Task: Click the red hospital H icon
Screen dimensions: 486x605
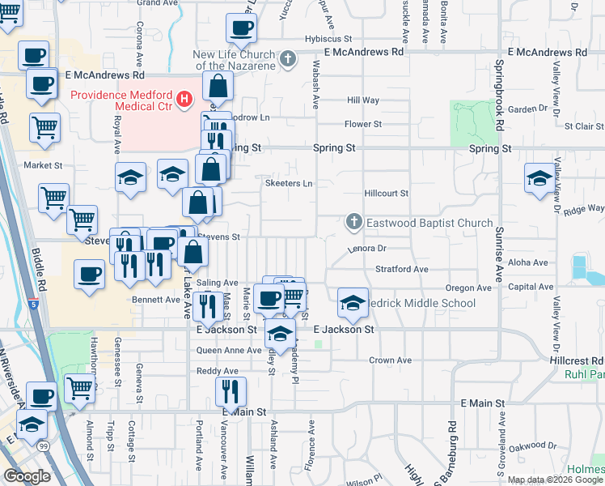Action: pyautogui.click(x=184, y=100)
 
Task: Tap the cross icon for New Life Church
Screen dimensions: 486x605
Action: pyautogui.click(x=289, y=58)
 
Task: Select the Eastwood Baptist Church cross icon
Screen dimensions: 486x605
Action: pyautogui.click(x=353, y=221)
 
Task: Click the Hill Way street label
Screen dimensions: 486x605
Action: pyautogui.click(x=363, y=100)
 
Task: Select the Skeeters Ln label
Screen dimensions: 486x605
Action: pyautogui.click(x=289, y=184)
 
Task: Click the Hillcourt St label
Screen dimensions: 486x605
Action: pyautogui.click(x=387, y=194)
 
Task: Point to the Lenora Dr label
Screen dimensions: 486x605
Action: pyautogui.click(x=368, y=249)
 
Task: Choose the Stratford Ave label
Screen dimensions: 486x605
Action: pyautogui.click(x=401, y=269)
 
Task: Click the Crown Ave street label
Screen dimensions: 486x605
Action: pyautogui.click(x=391, y=360)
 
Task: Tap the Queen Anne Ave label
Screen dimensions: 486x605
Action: pyautogui.click(x=230, y=351)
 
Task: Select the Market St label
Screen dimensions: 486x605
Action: pyautogui.click(x=43, y=165)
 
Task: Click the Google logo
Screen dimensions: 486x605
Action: pyautogui.click(x=27, y=476)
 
